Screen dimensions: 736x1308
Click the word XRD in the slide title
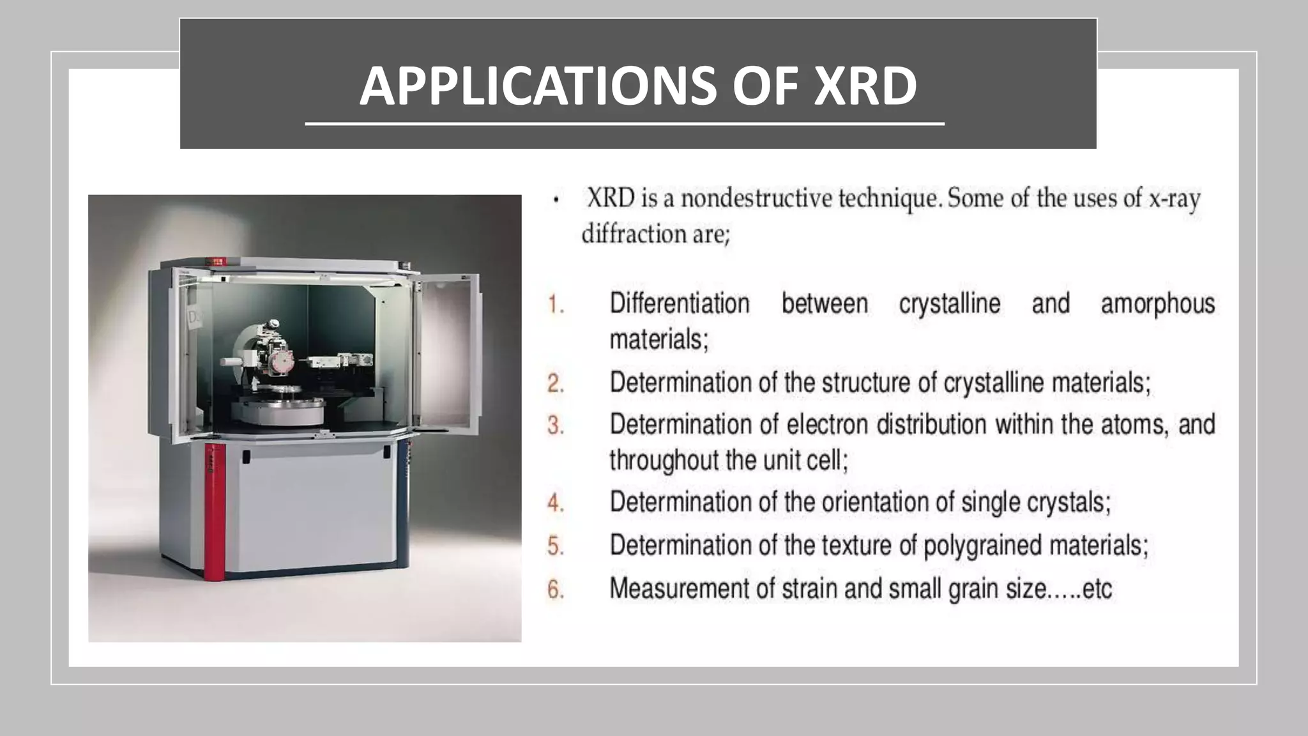[x=865, y=86]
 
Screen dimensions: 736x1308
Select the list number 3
[x=556, y=425]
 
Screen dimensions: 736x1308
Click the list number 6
[x=556, y=589]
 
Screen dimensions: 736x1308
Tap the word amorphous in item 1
[x=1157, y=304]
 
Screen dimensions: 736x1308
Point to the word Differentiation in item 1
[x=680, y=303]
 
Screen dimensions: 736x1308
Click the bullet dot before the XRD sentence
[x=556, y=201]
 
